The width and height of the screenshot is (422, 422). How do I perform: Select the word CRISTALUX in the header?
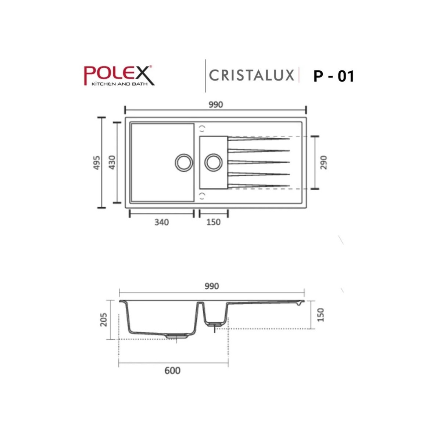(x=252, y=75)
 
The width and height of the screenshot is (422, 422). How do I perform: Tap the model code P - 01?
(x=333, y=76)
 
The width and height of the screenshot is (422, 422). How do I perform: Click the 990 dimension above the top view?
(x=215, y=105)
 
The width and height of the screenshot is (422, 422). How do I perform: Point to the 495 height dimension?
(x=96, y=162)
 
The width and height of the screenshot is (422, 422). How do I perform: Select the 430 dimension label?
(x=112, y=162)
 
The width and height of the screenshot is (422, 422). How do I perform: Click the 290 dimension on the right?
(x=323, y=162)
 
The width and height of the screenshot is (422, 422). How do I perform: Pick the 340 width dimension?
(x=161, y=222)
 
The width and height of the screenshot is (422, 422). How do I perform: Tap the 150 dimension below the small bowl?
(x=213, y=222)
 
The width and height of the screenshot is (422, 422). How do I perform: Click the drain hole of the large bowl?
(x=183, y=162)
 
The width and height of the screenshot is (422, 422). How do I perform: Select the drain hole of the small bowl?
(x=213, y=162)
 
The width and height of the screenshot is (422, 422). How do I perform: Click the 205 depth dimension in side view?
(x=104, y=319)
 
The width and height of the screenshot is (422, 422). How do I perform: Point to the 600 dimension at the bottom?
(x=172, y=370)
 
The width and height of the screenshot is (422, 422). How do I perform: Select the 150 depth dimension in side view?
(x=321, y=315)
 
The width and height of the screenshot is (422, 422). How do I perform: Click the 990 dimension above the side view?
(x=212, y=286)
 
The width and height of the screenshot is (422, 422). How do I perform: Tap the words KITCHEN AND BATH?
(x=116, y=84)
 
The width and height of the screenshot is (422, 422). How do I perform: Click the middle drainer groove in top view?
(x=259, y=162)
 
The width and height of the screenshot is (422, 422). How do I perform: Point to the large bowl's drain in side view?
(x=177, y=336)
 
